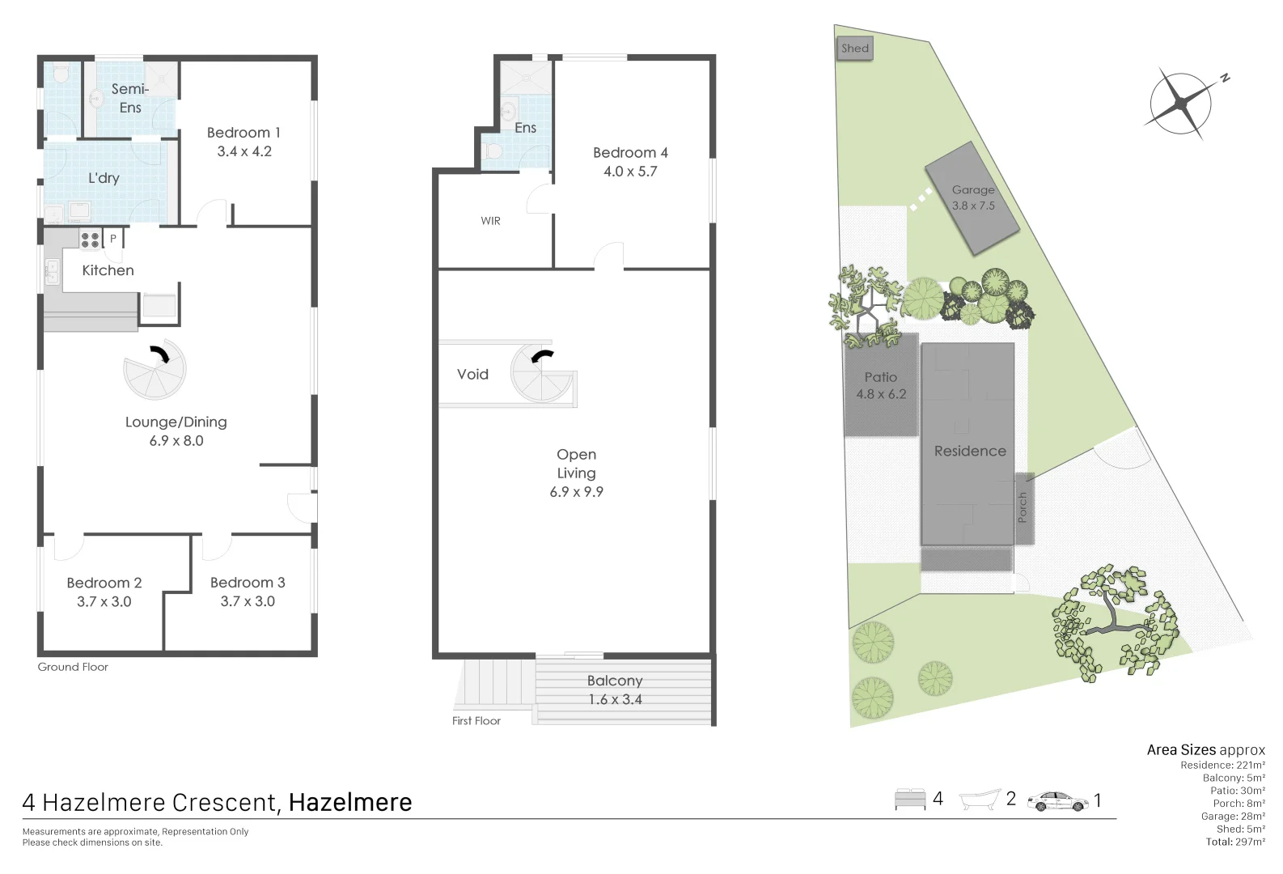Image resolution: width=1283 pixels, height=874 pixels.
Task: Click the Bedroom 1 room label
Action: (243, 133)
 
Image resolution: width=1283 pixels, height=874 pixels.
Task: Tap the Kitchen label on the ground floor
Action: (108, 270)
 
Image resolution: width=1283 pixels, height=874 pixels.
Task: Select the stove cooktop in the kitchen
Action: (90, 240)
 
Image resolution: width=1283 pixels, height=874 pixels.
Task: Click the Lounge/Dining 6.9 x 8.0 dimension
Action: (176, 441)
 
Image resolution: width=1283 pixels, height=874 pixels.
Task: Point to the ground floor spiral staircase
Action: (155, 370)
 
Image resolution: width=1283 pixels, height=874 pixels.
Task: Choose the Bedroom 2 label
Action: (104, 583)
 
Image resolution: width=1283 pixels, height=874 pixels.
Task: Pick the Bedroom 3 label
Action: (248, 583)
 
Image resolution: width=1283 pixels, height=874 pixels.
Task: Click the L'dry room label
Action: (104, 178)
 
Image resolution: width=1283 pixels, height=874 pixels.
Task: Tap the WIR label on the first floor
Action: (490, 221)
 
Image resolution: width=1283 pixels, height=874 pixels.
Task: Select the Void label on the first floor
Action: (472, 375)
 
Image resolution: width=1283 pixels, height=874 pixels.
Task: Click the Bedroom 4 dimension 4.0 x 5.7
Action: (630, 172)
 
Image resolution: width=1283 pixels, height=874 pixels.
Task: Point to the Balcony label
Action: (615, 681)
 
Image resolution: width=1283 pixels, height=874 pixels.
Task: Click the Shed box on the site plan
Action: (854, 49)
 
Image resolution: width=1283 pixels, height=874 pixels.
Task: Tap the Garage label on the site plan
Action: (972, 190)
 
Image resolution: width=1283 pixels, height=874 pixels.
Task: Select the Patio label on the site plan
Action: (880, 377)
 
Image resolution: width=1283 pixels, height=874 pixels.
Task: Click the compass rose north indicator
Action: (1225, 78)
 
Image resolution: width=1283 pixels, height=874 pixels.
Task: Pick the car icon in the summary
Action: (1057, 801)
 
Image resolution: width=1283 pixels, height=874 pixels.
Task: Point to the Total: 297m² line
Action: (1235, 842)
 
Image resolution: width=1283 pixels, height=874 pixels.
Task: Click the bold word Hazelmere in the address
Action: (350, 803)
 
